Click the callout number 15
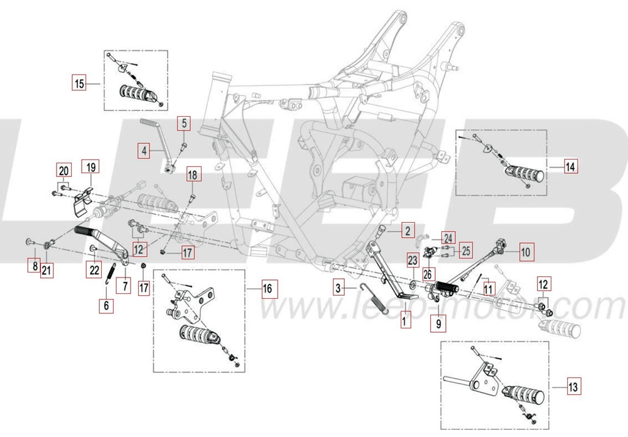pyautogui.click(x=78, y=84)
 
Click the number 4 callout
pyautogui.click(x=144, y=151)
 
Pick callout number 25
pyautogui.click(x=465, y=251)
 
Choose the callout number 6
pyautogui.click(x=106, y=306)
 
